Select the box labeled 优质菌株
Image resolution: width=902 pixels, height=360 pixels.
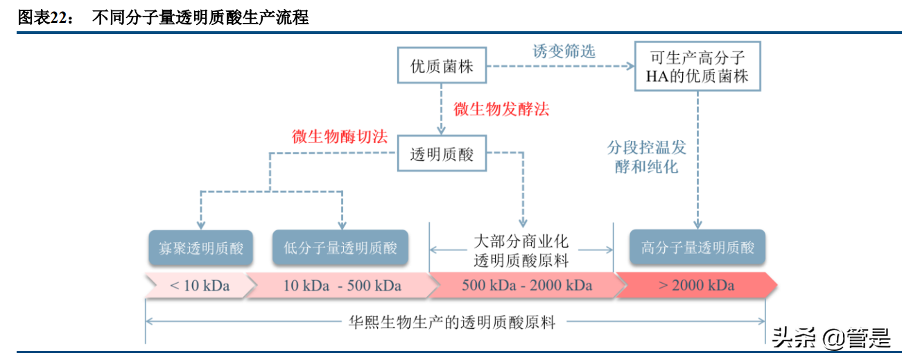click(442, 67)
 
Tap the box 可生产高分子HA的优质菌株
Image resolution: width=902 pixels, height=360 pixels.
click(697, 67)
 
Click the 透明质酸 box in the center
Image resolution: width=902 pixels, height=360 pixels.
click(442, 155)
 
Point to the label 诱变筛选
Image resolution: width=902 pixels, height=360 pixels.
click(564, 51)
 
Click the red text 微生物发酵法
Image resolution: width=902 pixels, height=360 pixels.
click(501, 109)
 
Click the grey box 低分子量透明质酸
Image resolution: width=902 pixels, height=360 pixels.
click(340, 248)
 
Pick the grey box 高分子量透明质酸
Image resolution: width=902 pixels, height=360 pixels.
click(697, 248)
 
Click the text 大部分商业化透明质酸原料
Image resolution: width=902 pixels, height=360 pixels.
click(521, 250)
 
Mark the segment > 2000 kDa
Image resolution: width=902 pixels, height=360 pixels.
click(695, 285)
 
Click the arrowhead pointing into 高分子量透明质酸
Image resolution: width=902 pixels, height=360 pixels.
click(697, 223)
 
